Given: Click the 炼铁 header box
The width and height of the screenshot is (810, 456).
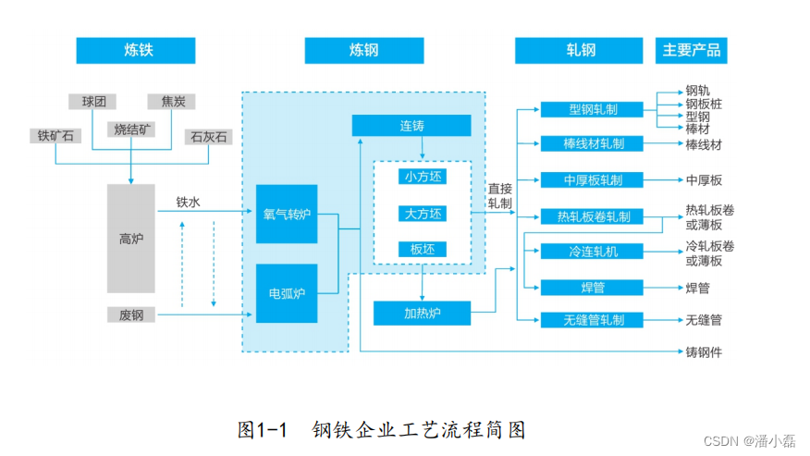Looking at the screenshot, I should tap(136, 50).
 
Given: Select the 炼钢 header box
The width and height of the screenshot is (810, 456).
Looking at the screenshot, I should tap(363, 50).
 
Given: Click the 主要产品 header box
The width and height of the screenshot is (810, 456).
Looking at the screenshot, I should tap(691, 50).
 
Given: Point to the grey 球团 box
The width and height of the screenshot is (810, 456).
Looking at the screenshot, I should tap(93, 102).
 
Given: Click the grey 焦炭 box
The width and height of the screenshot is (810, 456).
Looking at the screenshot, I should tap(172, 102).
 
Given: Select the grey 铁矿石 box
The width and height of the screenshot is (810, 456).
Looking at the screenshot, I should tap(55, 136).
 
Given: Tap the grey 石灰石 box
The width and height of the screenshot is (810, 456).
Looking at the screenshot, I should tap(208, 136).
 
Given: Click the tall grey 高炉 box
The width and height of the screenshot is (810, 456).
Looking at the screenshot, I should tap(130, 239).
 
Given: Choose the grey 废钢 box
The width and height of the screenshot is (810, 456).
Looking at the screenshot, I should tap(130, 314).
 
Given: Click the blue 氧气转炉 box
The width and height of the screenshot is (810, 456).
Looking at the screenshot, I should tap(286, 214).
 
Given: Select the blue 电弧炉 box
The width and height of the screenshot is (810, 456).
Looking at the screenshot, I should tap(286, 293).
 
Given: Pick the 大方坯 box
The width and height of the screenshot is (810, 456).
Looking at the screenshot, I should tap(423, 214).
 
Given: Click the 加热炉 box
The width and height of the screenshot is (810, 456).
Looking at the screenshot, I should tap(422, 314).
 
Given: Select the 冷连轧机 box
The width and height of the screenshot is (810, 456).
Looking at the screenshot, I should tap(593, 252).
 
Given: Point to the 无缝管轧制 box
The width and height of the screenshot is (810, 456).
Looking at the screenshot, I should tap(593, 320).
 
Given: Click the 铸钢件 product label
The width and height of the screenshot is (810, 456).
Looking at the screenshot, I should tap(704, 352).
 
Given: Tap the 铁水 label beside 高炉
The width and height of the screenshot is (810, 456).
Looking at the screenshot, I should tap(188, 201).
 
